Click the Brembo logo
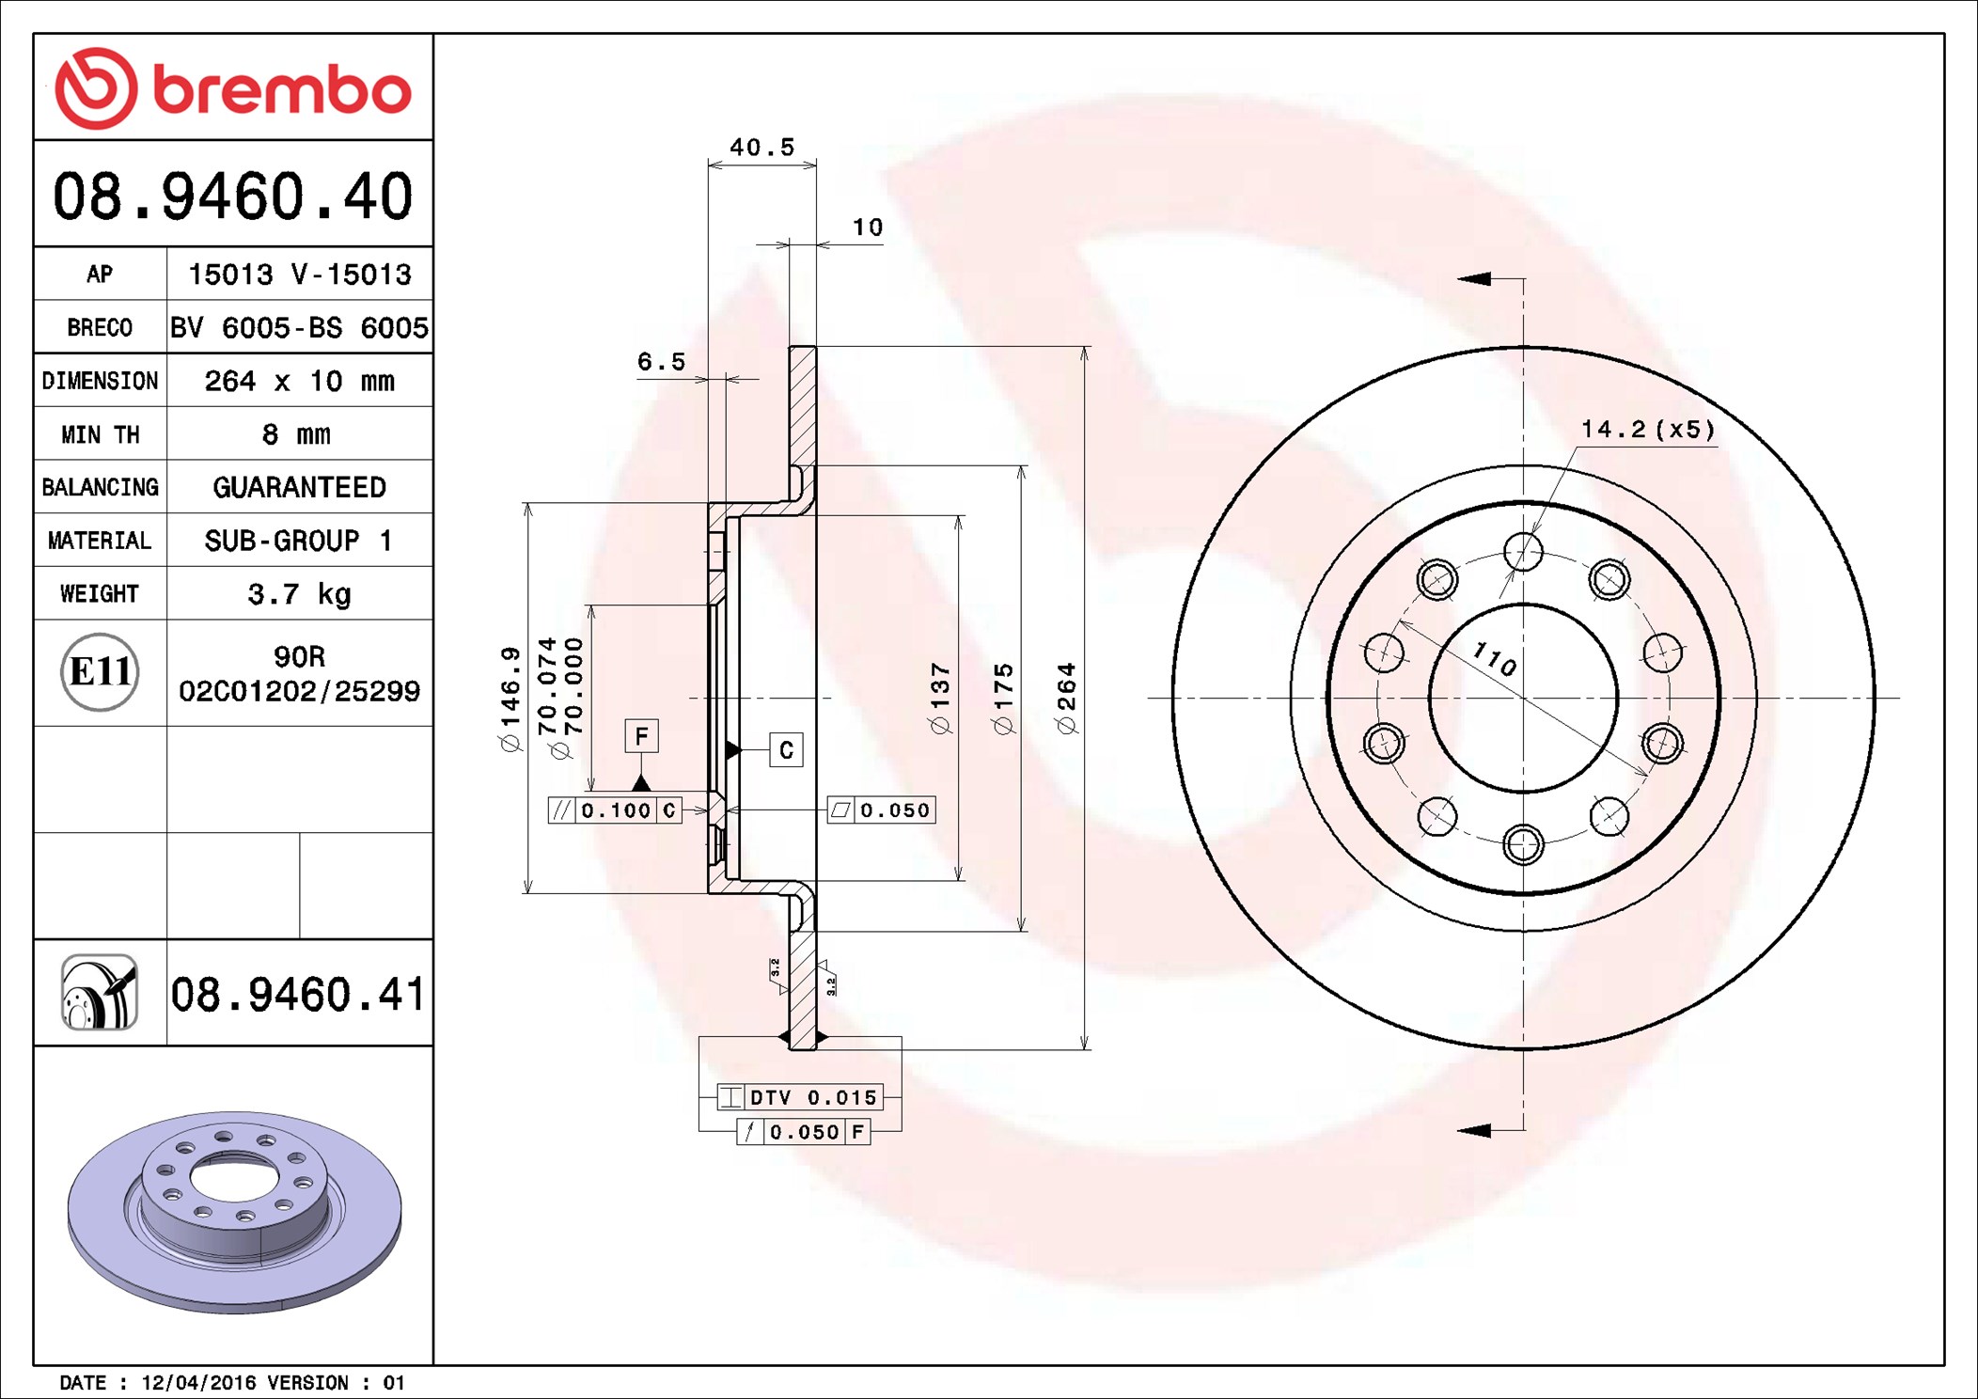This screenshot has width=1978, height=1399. click(232, 88)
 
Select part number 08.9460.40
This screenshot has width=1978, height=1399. click(232, 196)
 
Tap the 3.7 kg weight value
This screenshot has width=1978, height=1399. click(299, 594)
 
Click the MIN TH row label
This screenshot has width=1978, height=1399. click(100, 434)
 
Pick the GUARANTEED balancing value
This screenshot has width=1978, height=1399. click(299, 487)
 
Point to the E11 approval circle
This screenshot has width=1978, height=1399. click(100, 672)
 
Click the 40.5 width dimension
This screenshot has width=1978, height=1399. click(761, 147)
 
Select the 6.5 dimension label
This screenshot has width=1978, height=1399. click(661, 361)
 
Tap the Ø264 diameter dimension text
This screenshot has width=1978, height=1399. click(1066, 698)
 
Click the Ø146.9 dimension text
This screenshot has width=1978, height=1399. click(510, 699)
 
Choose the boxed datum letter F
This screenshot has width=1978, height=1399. click(641, 735)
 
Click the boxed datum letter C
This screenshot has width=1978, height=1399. click(786, 749)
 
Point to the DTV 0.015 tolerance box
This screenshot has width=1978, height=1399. click(799, 1097)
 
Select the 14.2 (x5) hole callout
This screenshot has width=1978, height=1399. click(1648, 430)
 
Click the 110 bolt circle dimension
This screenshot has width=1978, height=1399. click(1494, 658)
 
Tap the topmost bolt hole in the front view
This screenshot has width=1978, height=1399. click(1523, 552)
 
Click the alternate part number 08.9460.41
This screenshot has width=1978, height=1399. click(298, 994)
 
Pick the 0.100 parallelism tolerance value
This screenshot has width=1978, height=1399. click(616, 810)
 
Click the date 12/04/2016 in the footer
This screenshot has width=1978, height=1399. click(198, 1382)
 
